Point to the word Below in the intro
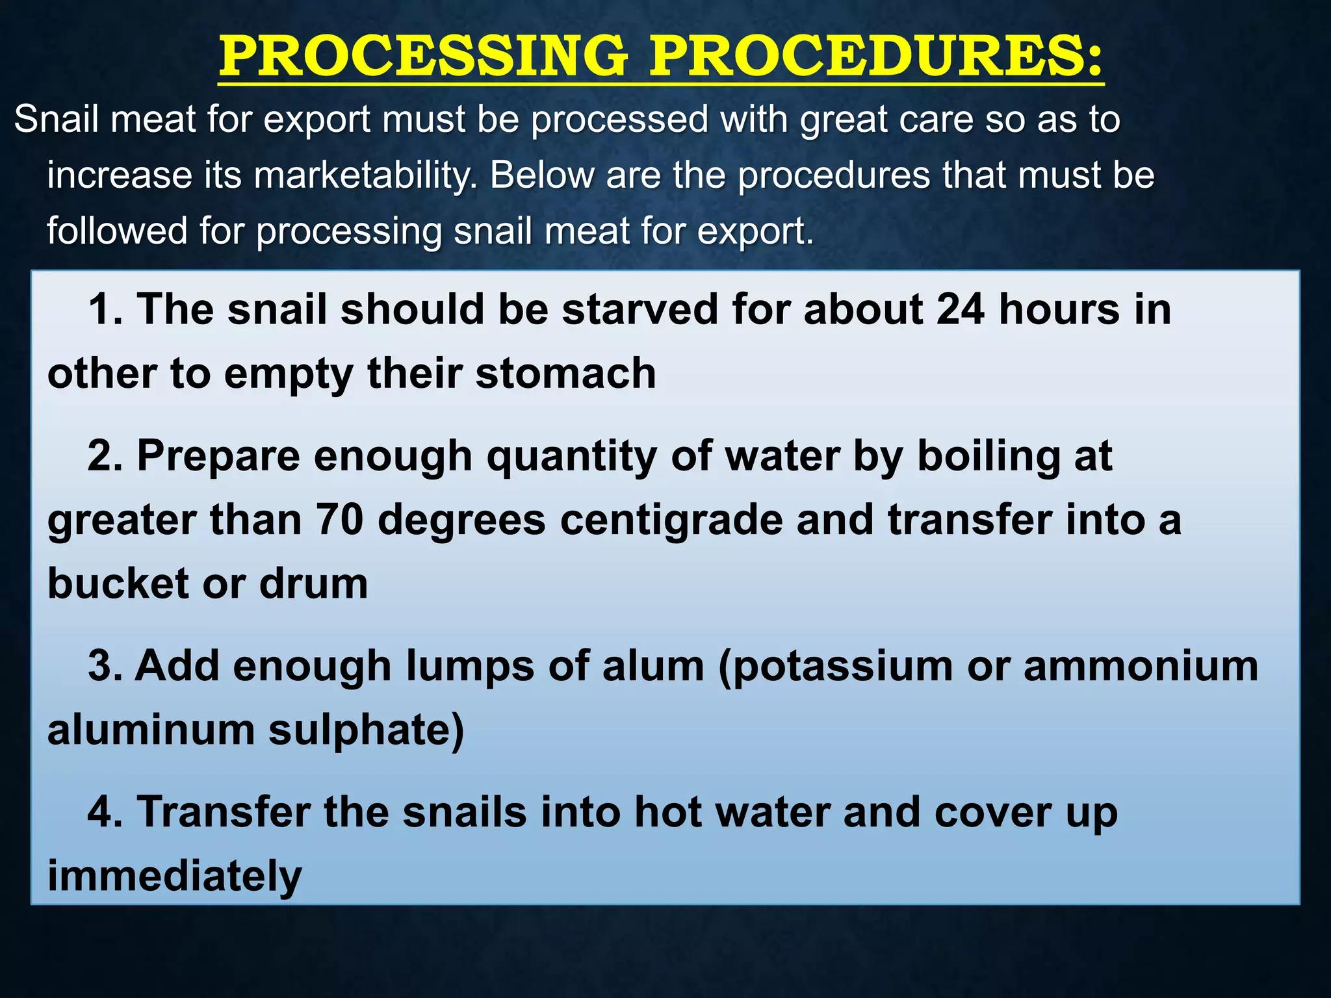[x=541, y=175]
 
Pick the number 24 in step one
[x=960, y=309]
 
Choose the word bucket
[x=118, y=583]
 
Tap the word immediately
[x=174, y=876]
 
